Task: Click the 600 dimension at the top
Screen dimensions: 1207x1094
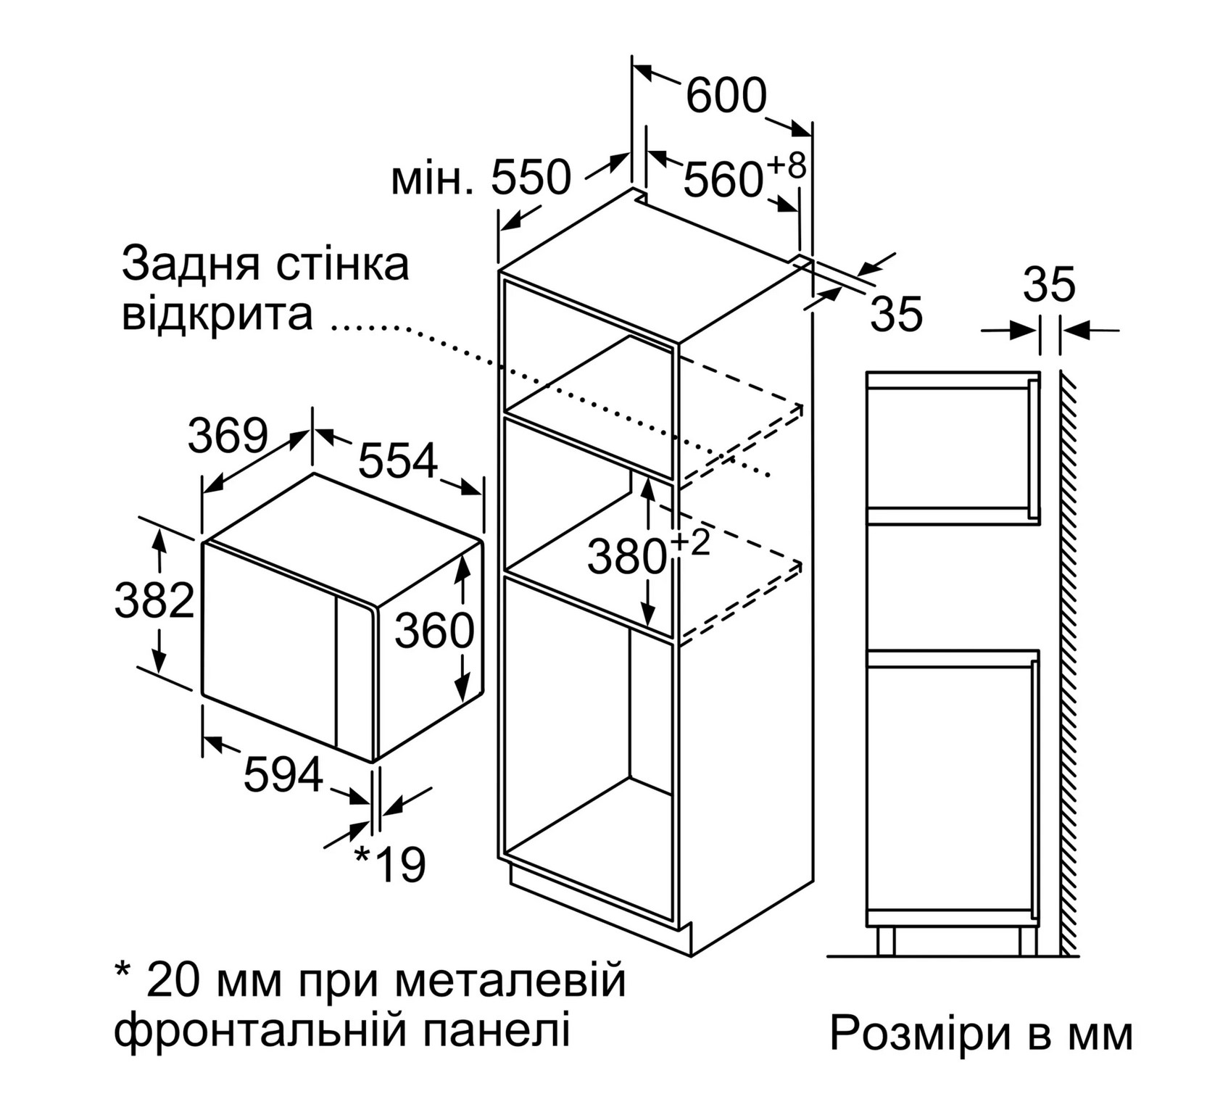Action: pos(726,95)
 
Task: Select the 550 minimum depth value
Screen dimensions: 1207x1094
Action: pos(531,178)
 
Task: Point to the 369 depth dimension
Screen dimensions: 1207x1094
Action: pos(228,436)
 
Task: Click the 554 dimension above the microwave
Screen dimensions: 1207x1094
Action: pos(399,460)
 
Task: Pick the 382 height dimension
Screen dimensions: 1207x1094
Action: pos(155,600)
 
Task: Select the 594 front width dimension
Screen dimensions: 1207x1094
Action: pos(283,774)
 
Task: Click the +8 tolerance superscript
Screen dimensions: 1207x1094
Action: pos(786,165)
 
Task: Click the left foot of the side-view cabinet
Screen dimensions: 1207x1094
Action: pos(885,940)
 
